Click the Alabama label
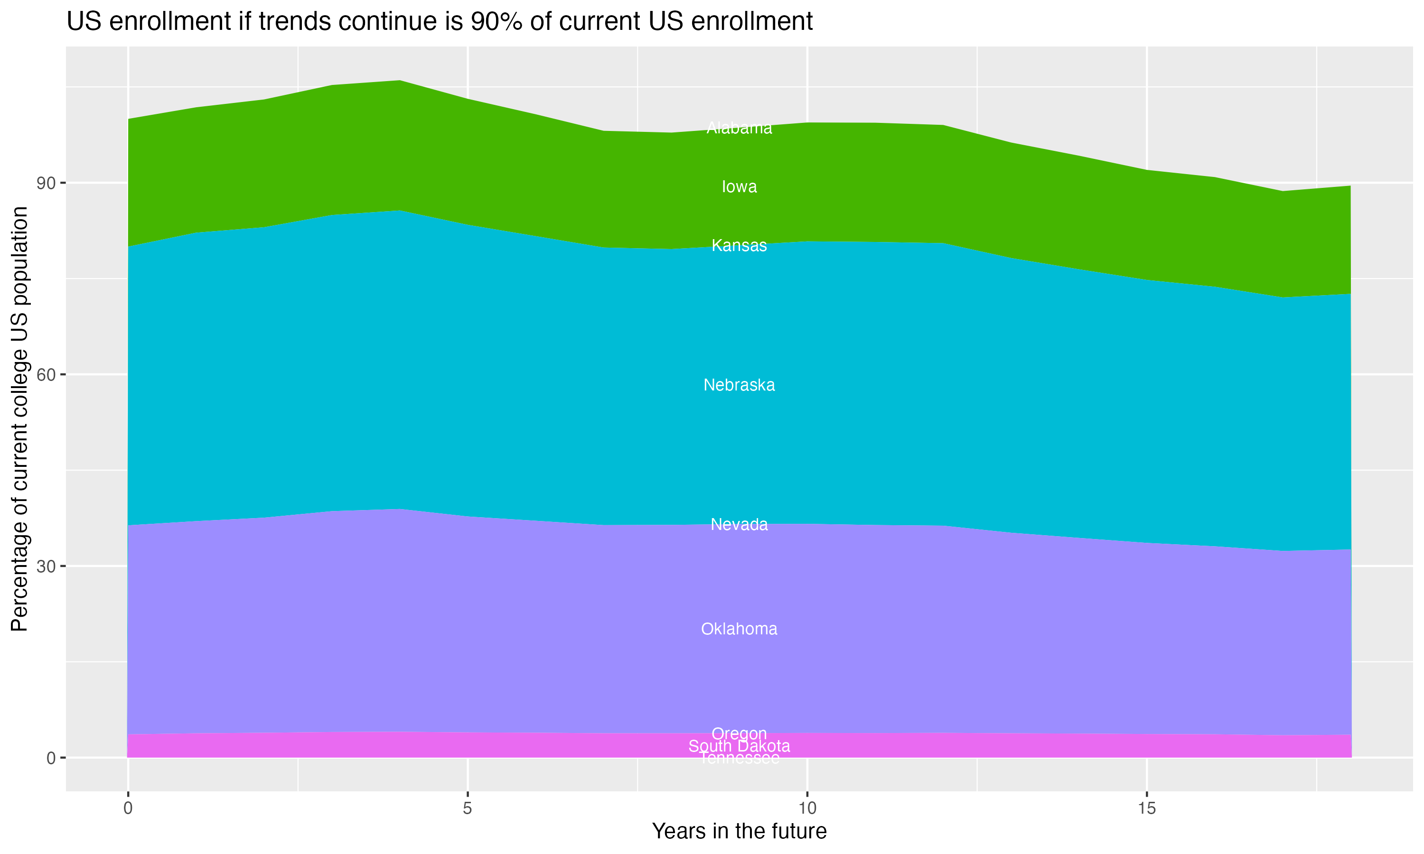point(739,128)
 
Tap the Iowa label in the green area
point(739,186)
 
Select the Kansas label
point(739,246)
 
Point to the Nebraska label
point(739,385)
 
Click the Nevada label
point(739,524)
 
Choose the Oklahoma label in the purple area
point(739,629)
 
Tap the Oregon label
point(739,733)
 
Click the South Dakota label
point(739,746)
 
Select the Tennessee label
point(739,759)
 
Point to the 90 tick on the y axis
point(46,183)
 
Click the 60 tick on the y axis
point(46,375)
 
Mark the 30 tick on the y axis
point(46,566)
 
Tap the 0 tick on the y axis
point(51,758)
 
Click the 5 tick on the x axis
point(468,808)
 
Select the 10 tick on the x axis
point(807,808)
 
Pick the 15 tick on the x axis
point(1147,808)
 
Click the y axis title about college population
point(19,418)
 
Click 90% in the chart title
point(494,22)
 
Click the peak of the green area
point(400,81)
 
